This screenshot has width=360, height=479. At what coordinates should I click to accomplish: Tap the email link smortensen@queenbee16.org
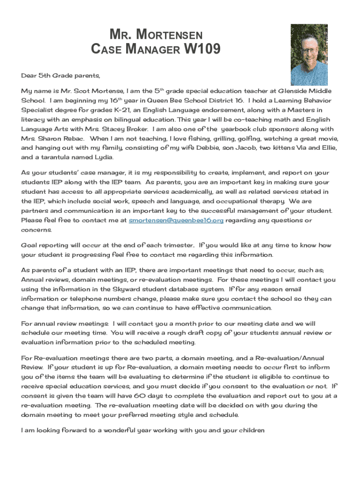point(176,220)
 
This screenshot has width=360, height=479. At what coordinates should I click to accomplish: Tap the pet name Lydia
point(104,158)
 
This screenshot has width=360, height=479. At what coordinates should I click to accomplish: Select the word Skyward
point(128,289)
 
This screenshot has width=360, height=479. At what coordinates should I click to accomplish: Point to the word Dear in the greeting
point(29,75)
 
